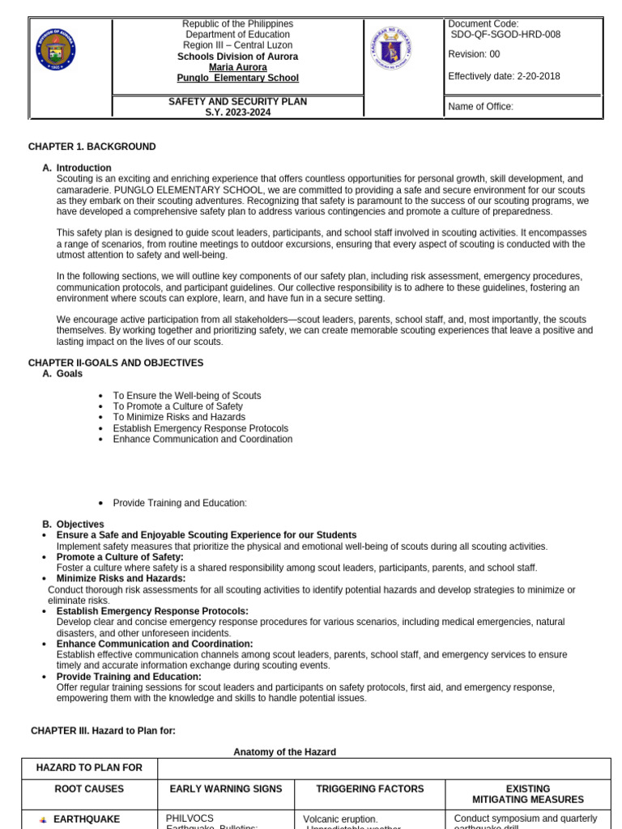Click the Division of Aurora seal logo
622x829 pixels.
pyautogui.click(x=56, y=50)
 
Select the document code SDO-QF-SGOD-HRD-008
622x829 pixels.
pyautogui.click(x=505, y=35)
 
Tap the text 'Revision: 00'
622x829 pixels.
pyautogui.click(x=474, y=54)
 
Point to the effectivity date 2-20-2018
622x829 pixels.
pyautogui.click(x=538, y=77)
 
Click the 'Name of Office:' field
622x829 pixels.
pyautogui.click(x=480, y=107)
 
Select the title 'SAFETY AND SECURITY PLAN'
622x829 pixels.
pyautogui.click(x=237, y=101)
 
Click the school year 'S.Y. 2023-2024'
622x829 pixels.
pyautogui.click(x=237, y=113)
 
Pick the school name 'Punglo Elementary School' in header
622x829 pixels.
pyautogui.click(x=237, y=79)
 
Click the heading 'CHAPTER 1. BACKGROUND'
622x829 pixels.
pyautogui.click(x=92, y=147)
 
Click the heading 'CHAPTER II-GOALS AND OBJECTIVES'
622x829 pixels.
pyautogui.click(x=116, y=363)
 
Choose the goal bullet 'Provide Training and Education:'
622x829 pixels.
pyautogui.click(x=179, y=503)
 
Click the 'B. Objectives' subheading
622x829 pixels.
pyautogui.click(x=79, y=525)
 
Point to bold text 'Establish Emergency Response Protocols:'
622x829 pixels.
pyautogui.click(x=152, y=611)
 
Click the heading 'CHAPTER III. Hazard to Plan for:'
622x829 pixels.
pyautogui.click(x=103, y=730)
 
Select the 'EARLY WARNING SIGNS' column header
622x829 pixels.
pyautogui.click(x=226, y=789)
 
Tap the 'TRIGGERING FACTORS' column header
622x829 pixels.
pyautogui.click(x=369, y=789)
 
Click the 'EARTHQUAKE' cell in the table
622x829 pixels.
pyautogui.click(x=86, y=819)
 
